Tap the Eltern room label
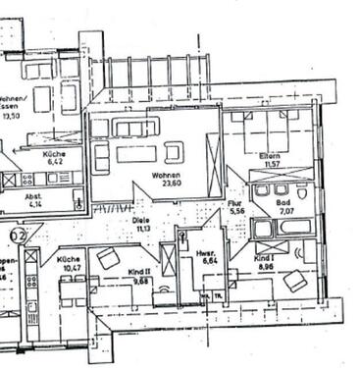(x=271, y=157)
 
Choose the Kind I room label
(x=263, y=258)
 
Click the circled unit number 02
(x=18, y=236)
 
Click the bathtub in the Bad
(x=282, y=228)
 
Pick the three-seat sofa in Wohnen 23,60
(x=135, y=128)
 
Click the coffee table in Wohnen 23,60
(x=136, y=153)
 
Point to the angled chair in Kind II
(x=109, y=258)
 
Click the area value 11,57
(x=271, y=164)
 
